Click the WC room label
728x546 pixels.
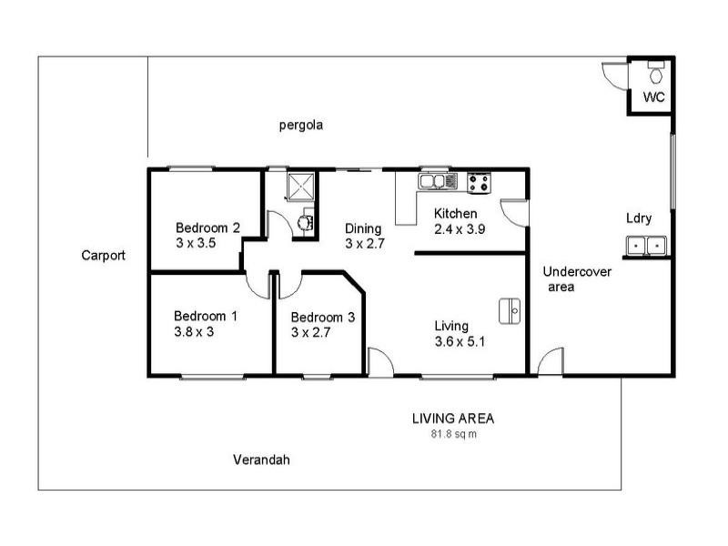653,96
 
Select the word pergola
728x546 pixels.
301,126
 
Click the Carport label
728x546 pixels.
103,256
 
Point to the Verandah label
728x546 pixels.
260,460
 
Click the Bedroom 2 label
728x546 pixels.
207,227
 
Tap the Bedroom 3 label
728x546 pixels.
322,318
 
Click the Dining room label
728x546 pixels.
362,228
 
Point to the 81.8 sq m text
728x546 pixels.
453,434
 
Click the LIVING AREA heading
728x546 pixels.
453,419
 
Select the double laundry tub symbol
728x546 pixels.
646,246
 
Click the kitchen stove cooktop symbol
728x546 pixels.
479,183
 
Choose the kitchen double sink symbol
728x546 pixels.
438,183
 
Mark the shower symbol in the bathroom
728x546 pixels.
299,187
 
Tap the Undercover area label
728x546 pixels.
577,278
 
